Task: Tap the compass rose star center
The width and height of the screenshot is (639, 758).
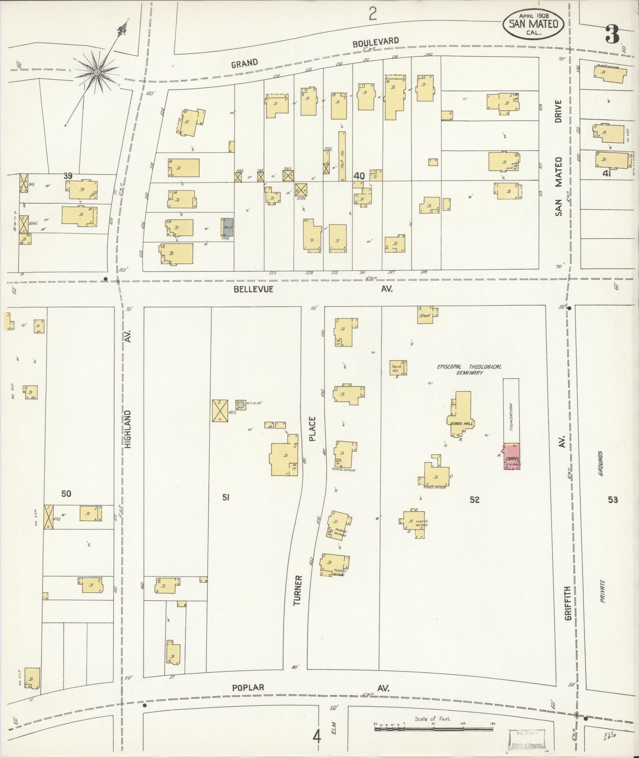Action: click(x=97, y=72)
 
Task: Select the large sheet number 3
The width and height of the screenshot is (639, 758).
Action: click(x=612, y=35)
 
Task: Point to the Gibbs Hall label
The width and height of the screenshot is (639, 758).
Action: click(x=461, y=423)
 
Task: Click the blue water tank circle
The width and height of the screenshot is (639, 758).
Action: click(x=241, y=405)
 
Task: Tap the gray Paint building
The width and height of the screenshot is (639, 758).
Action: click(x=227, y=227)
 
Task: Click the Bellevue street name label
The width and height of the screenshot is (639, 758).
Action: click(x=253, y=289)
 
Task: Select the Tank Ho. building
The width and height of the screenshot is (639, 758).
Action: click(x=398, y=368)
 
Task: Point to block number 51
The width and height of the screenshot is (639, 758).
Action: click(x=226, y=497)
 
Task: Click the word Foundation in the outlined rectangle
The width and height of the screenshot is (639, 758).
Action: click(x=511, y=417)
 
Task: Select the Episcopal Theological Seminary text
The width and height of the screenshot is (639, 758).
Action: click(x=469, y=369)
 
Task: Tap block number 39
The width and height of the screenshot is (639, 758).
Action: click(x=68, y=176)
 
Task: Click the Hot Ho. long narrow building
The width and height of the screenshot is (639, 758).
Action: click(x=342, y=157)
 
